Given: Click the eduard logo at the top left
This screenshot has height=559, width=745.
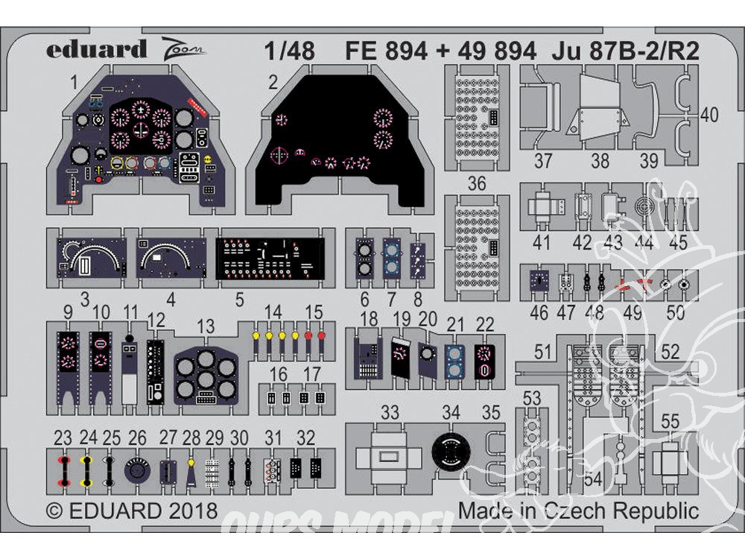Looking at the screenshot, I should pos(97,50).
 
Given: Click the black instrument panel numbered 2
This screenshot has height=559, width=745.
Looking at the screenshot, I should pos(339,142).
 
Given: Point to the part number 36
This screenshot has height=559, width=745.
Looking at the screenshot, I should pos(477,183).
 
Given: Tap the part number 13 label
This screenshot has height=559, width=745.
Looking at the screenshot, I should pos(206,326).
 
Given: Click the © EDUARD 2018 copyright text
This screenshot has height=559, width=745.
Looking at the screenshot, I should pos(132,511).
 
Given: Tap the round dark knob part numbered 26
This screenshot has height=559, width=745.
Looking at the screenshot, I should pos(136,471).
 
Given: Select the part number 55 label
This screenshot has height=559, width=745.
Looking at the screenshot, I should pos(670,422).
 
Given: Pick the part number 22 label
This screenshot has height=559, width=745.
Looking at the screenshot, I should pos(484,323).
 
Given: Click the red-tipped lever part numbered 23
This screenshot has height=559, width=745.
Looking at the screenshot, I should pos(64,470).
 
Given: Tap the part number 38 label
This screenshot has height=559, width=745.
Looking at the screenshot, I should pos(600,160).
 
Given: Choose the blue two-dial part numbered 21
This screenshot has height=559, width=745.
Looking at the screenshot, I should pos(454,361).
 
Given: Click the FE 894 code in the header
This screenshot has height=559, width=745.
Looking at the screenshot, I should pos(387,51).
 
